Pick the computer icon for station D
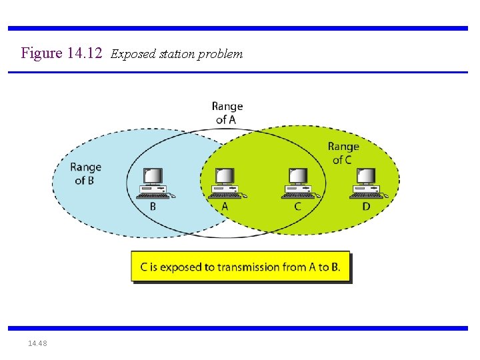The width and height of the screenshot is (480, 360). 367,183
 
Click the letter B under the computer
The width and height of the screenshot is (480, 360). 153,207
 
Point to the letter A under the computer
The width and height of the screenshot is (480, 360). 225,207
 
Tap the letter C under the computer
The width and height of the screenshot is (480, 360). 297,207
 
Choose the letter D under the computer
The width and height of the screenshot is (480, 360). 366,207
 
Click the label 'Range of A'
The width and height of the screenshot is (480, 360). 227,113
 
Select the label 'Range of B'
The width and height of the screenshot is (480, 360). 86,173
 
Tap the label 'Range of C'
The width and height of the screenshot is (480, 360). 343,153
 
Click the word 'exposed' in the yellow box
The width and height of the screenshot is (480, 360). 180,267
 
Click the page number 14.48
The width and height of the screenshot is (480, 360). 37,343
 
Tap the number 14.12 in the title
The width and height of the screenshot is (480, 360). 85,53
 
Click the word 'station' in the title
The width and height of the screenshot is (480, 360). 177,54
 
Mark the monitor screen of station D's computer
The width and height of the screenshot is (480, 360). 366,176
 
